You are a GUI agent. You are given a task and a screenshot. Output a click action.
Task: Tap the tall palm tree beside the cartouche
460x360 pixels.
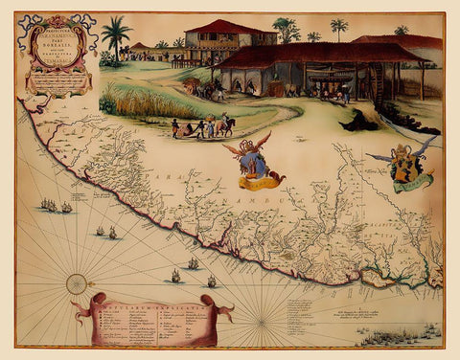click(x=117, y=38)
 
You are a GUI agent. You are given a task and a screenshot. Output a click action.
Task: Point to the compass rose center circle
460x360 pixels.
click(x=76, y=282)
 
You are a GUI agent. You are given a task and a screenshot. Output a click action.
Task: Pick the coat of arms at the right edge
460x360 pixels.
click(x=405, y=163)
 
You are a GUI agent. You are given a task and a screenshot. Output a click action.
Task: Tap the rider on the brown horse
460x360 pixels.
click(x=226, y=124)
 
